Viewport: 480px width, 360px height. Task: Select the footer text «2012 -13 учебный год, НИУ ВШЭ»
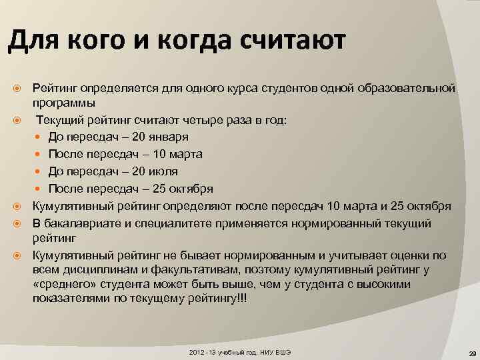[241, 351]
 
